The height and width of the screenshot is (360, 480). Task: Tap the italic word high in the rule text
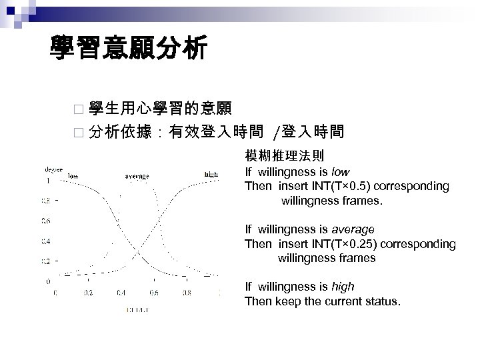click(x=343, y=287)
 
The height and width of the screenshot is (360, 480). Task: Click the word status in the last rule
click(x=383, y=301)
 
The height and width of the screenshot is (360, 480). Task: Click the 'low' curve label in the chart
click(x=73, y=175)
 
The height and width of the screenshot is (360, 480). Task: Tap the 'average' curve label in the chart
click(x=137, y=176)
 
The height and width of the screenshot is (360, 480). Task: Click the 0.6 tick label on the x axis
click(x=154, y=291)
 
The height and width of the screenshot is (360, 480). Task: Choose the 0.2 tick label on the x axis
click(x=88, y=291)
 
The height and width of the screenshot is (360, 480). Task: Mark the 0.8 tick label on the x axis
click(x=187, y=291)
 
